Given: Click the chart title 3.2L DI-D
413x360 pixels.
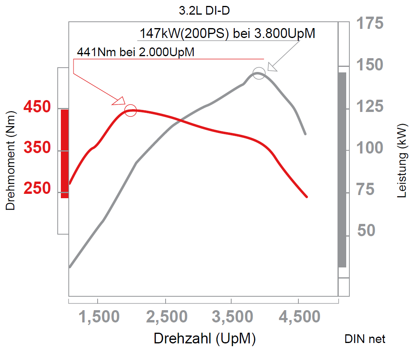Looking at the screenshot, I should (x=204, y=11).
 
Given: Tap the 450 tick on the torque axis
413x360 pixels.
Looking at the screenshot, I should (x=37, y=107).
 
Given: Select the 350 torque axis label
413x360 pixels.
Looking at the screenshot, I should (x=37, y=148).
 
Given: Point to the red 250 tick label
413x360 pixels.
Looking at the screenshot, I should (x=37, y=188).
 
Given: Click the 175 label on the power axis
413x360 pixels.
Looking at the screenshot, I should (x=370, y=24).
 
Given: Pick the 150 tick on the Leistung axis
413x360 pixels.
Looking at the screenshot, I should (x=370, y=65).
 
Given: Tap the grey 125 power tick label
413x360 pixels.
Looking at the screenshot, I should (x=370, y=107).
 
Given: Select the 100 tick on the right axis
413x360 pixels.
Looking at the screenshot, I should (x=370, y=148).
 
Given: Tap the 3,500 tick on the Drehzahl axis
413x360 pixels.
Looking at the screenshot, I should (x=232, y=317).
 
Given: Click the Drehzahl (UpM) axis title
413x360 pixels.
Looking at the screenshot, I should (x=205, y=339).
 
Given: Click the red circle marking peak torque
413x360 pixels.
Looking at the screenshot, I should (x=130, y=111).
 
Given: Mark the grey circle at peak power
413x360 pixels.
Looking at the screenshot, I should (x=258, y=73).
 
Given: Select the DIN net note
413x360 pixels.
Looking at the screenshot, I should (x=365, y=339).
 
